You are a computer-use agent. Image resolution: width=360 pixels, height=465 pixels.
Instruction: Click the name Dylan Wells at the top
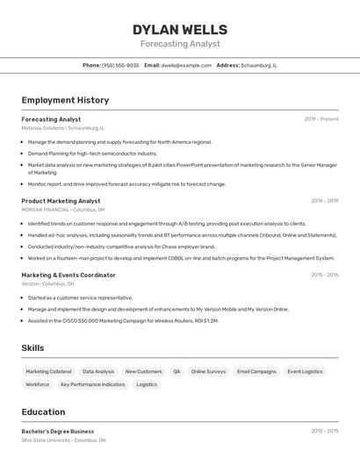pos(180,30)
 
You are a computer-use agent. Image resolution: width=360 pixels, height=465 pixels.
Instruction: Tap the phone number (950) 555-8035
pos(119,65)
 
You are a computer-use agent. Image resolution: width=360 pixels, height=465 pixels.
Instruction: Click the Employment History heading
pos(65,100)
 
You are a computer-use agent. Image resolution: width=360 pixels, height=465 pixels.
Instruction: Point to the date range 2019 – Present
pos(320,119)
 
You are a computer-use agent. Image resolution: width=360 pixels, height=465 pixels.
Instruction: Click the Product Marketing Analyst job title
pos(61,201)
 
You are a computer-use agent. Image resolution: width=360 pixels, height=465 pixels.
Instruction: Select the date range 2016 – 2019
pos(324,201)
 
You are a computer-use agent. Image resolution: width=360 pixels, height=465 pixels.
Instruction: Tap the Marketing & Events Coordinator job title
pos(68,275)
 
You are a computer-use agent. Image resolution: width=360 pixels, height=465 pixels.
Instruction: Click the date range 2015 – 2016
pos(324,275)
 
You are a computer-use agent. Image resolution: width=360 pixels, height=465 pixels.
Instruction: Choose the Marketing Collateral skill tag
pos(49,371)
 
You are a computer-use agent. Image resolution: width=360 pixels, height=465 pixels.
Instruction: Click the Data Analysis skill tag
pos(98,371)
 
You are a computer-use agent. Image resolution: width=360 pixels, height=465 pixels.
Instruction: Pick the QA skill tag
pos(176,371)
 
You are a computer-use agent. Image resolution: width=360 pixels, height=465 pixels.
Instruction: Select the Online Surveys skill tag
pos(208,371)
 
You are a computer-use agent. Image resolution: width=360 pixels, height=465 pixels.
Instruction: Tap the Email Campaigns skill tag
pos(256,371)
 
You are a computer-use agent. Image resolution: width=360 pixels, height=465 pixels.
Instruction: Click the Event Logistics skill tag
pos(305,371)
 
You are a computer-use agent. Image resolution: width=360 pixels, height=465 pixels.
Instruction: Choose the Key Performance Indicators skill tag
pos(93,384)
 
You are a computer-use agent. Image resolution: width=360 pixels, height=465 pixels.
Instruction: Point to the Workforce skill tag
pos(38,384)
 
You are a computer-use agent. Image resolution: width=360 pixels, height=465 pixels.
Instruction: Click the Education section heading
pos(43,412)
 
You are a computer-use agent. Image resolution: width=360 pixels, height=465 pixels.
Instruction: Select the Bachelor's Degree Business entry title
pos(58,431)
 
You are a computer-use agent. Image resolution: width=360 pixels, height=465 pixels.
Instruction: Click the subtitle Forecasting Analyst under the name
pos(180,44)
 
